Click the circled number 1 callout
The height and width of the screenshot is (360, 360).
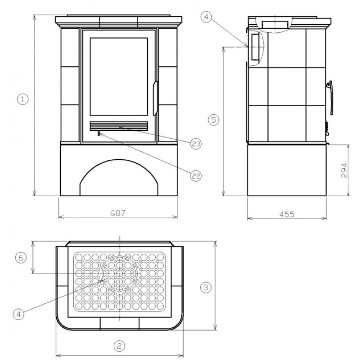23,99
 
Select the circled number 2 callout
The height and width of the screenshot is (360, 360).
119,346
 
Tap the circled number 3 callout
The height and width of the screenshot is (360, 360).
206,287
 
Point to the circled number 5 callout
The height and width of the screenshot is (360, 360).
214,120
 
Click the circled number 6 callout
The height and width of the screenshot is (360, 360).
21,258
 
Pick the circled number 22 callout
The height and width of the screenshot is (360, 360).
196,176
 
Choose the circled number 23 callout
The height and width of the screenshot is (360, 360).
196,144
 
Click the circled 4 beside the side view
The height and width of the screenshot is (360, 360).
206,17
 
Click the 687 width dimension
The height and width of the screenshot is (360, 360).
118,213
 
